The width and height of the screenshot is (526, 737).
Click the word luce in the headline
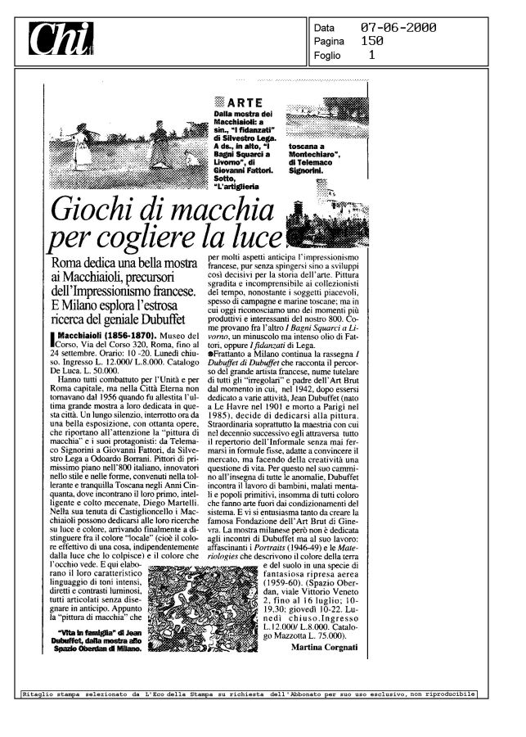[x=254, y=240]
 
